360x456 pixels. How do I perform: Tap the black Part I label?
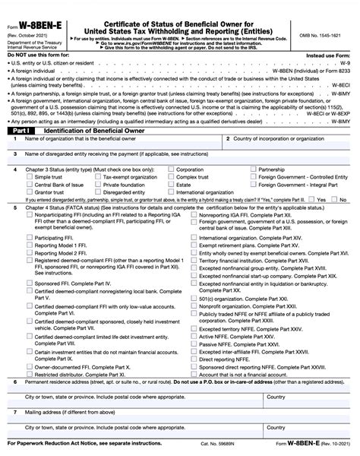[17, 131]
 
